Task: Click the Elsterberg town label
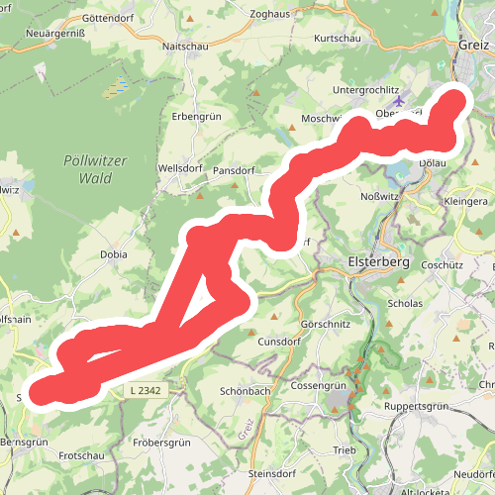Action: point(377,262)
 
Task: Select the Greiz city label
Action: point(472,46)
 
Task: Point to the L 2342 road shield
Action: point(146,391)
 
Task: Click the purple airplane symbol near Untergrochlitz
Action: point(399,101)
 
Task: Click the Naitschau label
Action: point(183,46)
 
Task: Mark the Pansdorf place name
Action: point(234,170)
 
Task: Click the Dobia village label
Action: point(114,253)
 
